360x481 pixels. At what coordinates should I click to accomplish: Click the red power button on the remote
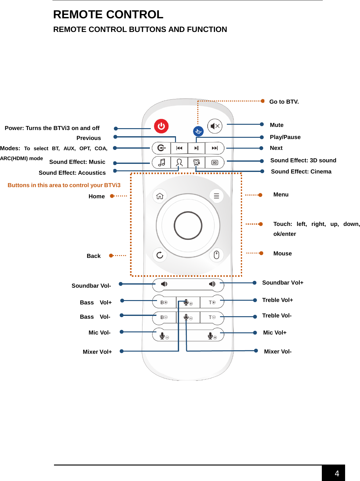coord(161,126)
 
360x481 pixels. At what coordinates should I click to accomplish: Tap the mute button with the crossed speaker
coord(215,126)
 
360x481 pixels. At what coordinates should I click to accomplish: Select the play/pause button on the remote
coord(196,148)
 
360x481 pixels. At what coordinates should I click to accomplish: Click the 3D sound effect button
coord(214,163)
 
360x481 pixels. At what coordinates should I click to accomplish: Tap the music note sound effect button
coord(161,163)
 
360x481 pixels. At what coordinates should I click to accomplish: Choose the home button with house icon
coord(160,196)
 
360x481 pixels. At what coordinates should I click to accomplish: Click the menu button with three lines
coord(216,196)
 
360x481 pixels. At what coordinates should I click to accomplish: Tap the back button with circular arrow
coord(160,255)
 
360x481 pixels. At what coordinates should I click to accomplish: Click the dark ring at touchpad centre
coord(188,226)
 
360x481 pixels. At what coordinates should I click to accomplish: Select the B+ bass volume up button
coord(164,302)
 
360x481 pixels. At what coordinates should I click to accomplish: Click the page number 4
coord(337,474)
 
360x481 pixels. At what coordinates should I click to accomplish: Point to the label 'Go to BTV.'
coord(284,102)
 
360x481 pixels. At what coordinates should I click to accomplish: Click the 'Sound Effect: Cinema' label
coord(301,172)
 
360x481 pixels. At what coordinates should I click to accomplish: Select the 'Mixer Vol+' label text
coord(97,352)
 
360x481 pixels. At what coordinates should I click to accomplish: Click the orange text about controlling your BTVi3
coord(64,185)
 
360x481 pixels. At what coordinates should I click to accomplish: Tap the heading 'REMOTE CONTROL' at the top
coord(108,15)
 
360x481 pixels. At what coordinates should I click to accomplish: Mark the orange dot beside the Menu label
coord(260,195)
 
